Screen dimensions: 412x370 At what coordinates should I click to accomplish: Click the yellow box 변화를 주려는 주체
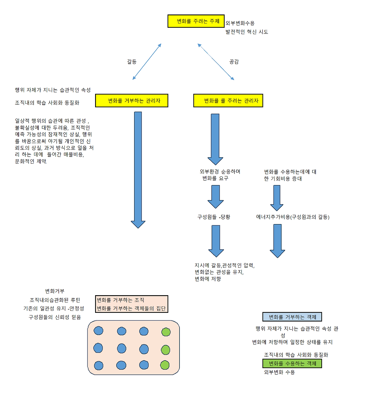click(x=196, y=21)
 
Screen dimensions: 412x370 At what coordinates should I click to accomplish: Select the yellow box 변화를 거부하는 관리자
click(x=132, y=101)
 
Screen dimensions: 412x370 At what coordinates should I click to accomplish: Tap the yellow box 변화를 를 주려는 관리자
click(x=228, y=101)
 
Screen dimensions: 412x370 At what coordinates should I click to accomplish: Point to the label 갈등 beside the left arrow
click(x=132, y=62)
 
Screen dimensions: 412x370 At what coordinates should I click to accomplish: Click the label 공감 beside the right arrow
click(x=234, y=62)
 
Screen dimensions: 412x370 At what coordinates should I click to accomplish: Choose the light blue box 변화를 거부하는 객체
click(x=292, y=317)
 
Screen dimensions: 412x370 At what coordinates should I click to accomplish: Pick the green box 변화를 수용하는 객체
click(x=292, y=363)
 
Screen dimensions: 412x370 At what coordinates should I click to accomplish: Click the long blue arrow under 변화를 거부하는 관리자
click(x=138, y=168)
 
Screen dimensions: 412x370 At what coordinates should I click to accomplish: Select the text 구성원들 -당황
click(x=214, y=217)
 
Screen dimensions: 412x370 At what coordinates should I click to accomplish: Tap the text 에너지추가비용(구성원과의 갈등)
click(x=293, y=217)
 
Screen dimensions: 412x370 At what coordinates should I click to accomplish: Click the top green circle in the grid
click(x=166, y=332)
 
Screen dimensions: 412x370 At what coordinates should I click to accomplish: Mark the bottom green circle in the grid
click(x=165, y=365)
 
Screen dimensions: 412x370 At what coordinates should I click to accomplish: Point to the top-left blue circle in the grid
click(x=99, y=330)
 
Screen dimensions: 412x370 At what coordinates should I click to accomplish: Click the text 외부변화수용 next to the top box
click(x=240, y=23)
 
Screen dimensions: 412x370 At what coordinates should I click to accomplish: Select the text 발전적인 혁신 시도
click(x=247, y=32)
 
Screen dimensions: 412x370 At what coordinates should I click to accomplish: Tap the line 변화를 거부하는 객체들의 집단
click(x=131, y=308)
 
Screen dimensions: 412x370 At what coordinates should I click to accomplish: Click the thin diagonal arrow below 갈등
click(x=147, y=62)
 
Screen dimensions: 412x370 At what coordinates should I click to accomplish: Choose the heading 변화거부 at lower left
click(x=55, y=291)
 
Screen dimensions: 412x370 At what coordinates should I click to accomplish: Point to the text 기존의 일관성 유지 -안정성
click(x=54, y=308)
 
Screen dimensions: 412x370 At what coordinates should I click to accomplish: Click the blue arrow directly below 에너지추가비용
click(x=277, y=240)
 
